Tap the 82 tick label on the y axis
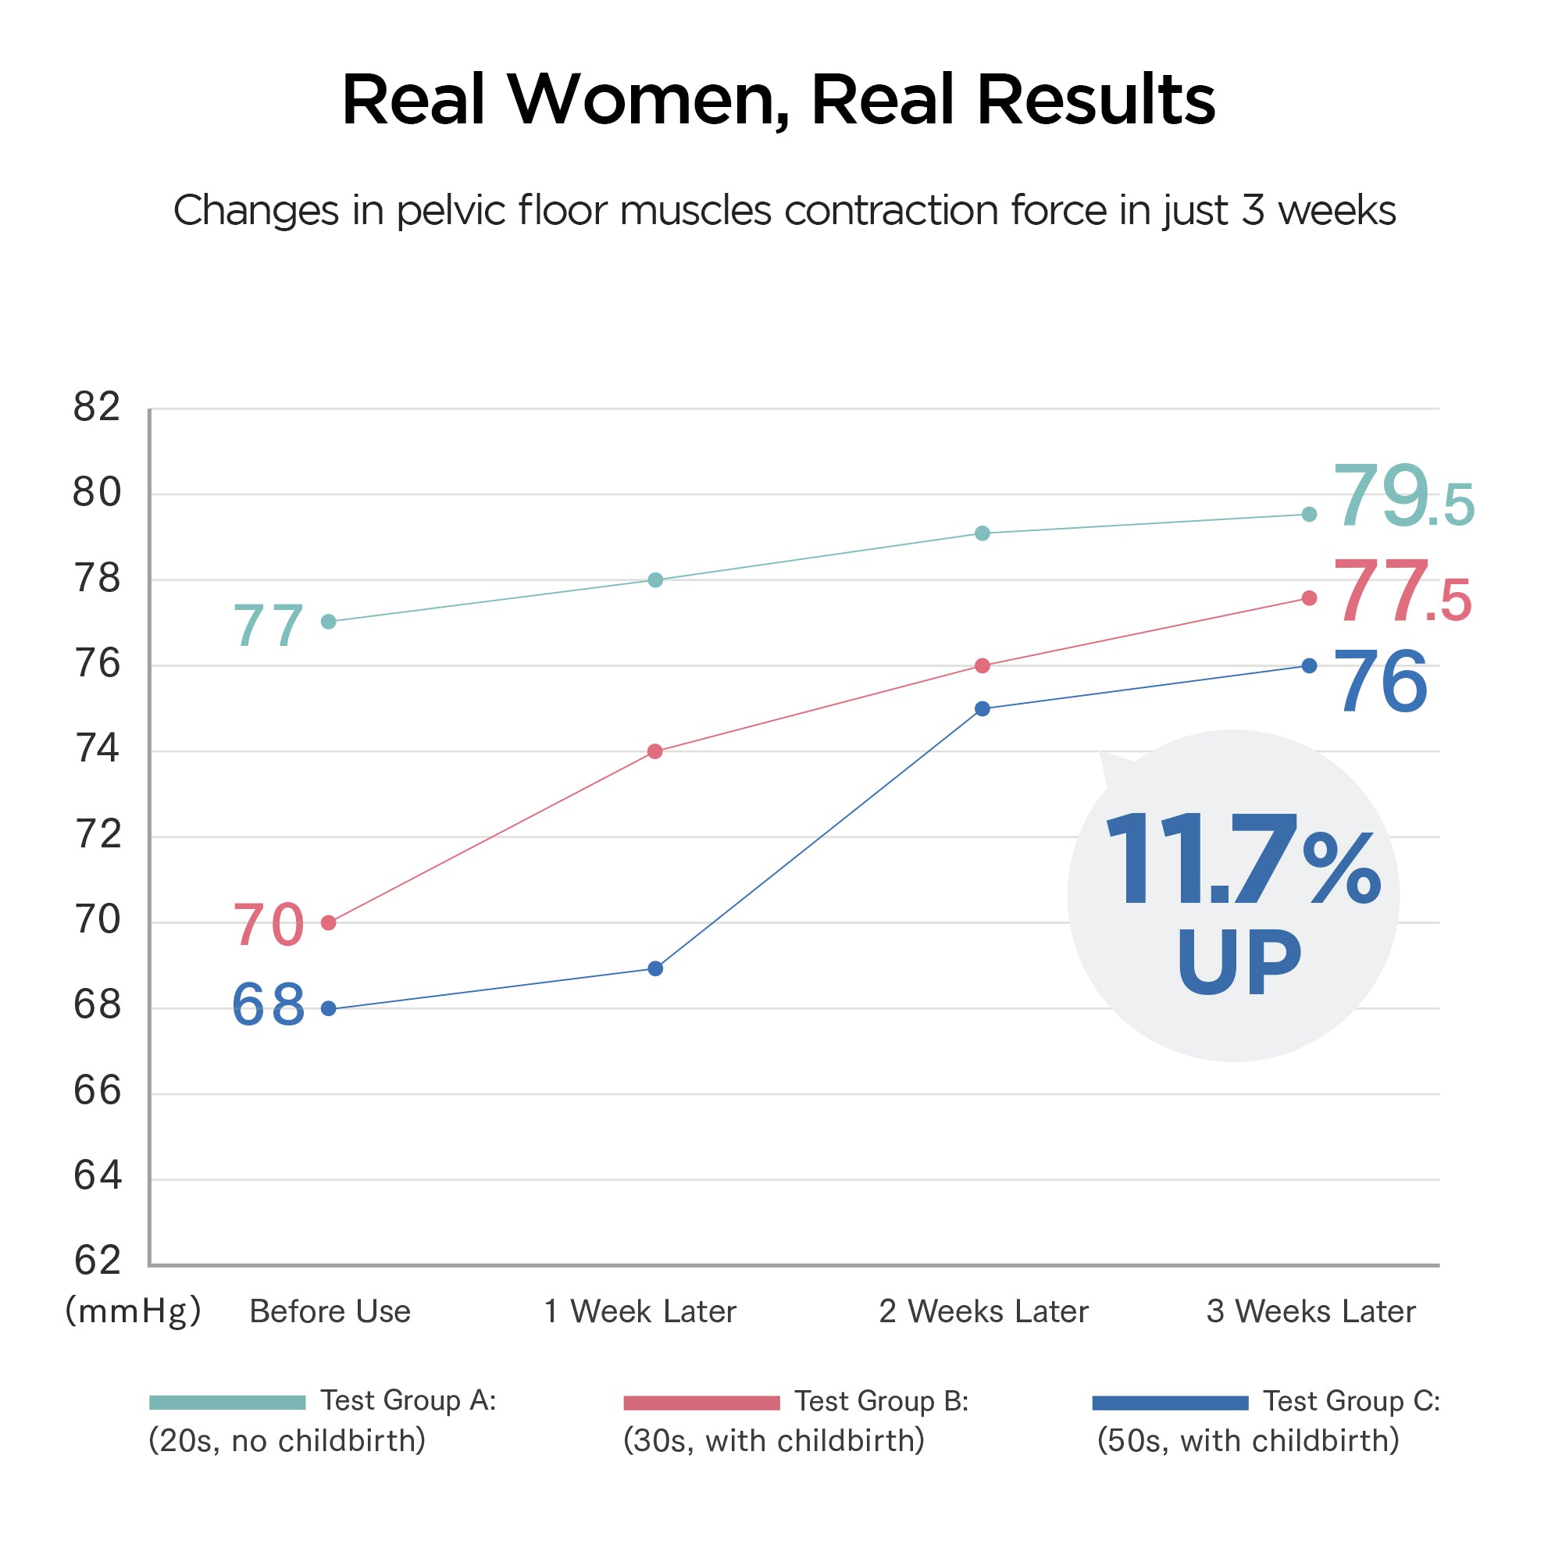pyautogui.click(x=96, y=408)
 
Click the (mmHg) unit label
pyautogui.click(x=133, y=1311)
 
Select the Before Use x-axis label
pyautogui.click(x=330, y=1311)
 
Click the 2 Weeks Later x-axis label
pyautogui.click(x=983, y=1311)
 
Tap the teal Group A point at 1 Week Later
pyautogui.click(x=656, y=580)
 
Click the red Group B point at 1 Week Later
pyautogui.click(x=656, y=752)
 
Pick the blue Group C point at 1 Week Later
pyautogui.click(x=656, y=968)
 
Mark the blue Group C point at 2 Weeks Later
pyautogui.click(x=982, y=709)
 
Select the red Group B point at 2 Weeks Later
pyautogui.click(x=982, y=665)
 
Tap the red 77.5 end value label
pyautogui.click(x=1401, y=592)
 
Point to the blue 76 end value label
pyautogui.click(x=1380, y=683)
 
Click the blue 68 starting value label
pyautogui.click(x=269, y=1005)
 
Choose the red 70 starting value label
pyautogui.click(x=269, y=925)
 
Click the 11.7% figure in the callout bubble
pyautogui.click(x=1242, y=861)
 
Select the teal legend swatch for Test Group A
pyautogui.click(x=227, y=1403)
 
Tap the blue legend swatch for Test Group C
pyautogui.click(x=1170, y=1403)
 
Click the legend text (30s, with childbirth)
pyautogui.click(x=774, y=1442)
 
